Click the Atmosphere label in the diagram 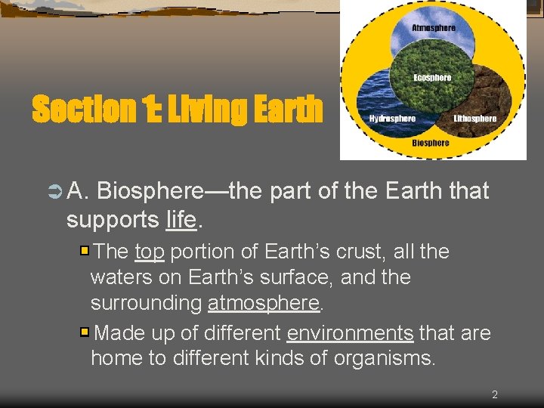tap(433, 28)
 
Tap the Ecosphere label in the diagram tap(432, 77)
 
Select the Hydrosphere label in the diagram tap(392, 119)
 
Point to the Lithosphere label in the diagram tap(474, 119)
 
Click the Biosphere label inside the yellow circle tap(431, 142)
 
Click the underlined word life tap(181, 220)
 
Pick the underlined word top tap(150, 251)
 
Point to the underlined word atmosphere tap(264, 303)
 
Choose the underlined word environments tap(350, 332)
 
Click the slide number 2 tap(494, 394)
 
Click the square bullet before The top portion tap(85, 250)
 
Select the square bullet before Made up tap(85, 332)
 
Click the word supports tap(112, 220)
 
